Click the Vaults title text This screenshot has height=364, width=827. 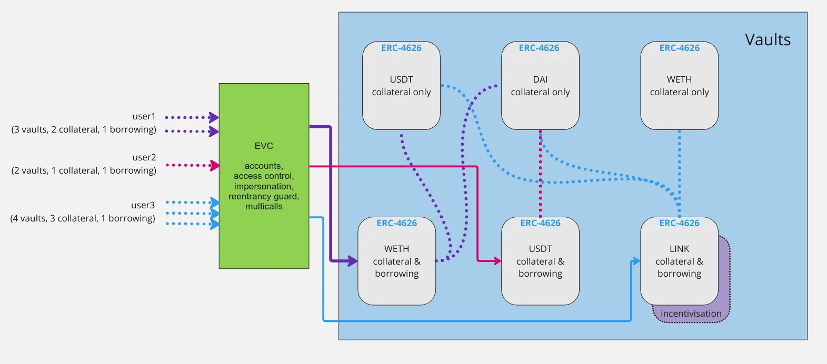coord(768,40)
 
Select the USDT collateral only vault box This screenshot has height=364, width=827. coord(401,86)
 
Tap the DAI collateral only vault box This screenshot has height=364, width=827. coord(540,86)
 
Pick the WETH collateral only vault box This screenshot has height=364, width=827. coord(679,86)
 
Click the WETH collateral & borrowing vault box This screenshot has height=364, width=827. coord(396,261)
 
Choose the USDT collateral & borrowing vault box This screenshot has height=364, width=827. coord(540,261)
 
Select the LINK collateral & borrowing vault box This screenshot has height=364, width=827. coord(679,261)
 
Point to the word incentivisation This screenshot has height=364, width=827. coord(691,314)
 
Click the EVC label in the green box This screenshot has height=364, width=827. coord(264,146)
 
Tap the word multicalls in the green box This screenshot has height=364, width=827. coord(264,207)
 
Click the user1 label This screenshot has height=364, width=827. coord(144,116)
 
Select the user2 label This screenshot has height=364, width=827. coord(144,157)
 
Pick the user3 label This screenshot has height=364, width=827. coord(143,205)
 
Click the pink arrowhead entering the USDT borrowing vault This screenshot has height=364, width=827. coord(497,260)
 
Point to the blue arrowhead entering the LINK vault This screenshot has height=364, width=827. coord(636,261)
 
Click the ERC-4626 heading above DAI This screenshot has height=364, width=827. coord(539,48)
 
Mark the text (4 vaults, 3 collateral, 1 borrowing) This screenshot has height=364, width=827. coord(83,218)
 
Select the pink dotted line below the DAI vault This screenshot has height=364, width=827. coord(540,174)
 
